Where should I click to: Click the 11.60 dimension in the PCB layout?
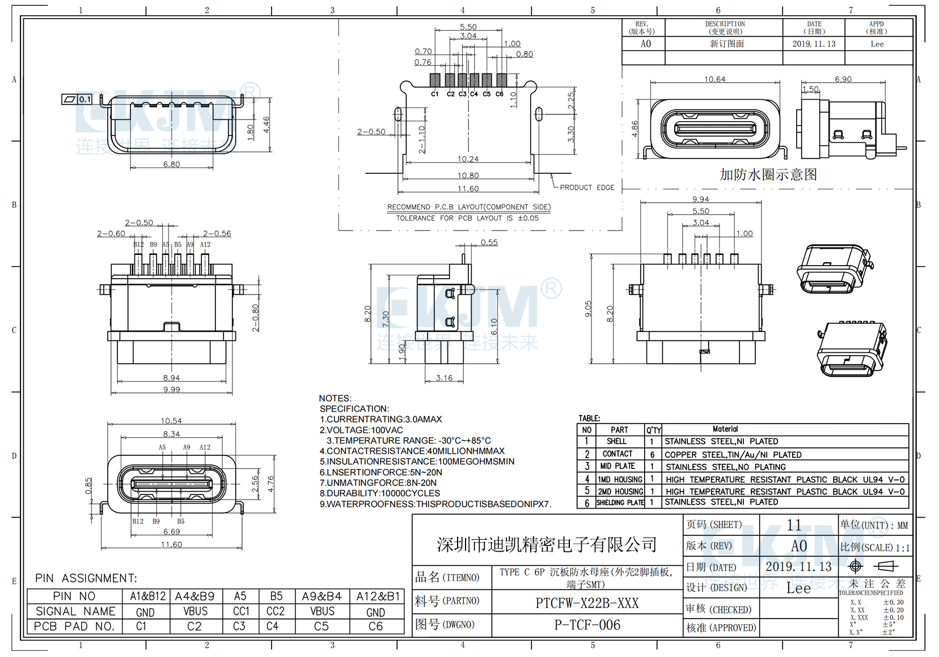tap(468, 189)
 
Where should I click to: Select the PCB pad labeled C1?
tap(435, 80)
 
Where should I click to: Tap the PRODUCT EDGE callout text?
tap(586, 187)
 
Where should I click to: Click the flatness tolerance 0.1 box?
tap(84, 99)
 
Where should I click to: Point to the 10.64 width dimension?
tap(714, 79)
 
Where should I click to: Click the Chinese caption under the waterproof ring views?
tap(768, 174)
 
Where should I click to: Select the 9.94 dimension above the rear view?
tap(700, 199)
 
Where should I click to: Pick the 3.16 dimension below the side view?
tap(444, 378)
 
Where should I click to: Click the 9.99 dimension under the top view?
tap(171, 390)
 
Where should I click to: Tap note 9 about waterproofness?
tap(435, 504)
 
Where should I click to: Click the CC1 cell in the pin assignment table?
tap(241, 612)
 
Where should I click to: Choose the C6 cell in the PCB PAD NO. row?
tap(375, 626)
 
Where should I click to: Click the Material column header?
tap(725, 429)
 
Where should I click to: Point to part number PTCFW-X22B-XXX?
tap(587, 603)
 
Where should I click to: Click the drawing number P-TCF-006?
tap(587, 625)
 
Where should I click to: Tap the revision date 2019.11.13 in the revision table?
tap(814, 44)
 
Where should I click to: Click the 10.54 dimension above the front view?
tap(171, 421)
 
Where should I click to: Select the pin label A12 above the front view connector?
tap(205, 447)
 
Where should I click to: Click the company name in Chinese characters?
tap(547, 545)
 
